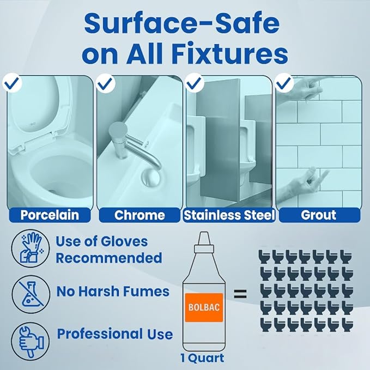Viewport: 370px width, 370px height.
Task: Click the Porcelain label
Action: point(50,215)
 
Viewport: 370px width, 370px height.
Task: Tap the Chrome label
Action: point(139,215)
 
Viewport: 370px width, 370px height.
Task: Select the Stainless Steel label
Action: point(229,215)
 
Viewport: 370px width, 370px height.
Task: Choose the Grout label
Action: point(319,215)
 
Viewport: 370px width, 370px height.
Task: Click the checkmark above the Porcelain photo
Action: point(12,82)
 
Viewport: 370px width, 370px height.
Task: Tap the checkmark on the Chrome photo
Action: point(106,82)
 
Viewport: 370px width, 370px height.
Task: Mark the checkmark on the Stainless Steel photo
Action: point(195,82)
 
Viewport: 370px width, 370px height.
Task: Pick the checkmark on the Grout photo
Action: point(284,82)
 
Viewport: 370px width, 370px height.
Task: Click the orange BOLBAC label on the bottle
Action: point(204,307)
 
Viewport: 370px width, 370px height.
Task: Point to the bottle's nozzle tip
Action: point(204,233)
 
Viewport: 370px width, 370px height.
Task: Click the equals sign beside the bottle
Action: point(240,294)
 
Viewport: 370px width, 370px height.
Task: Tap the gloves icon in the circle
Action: point(31,248)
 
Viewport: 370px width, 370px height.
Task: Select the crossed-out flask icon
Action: point(31,294)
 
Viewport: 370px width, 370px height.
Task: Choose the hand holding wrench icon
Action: point(31,342)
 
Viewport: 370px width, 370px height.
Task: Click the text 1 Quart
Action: point(202,358)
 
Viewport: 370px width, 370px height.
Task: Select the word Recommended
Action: point(109,258)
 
